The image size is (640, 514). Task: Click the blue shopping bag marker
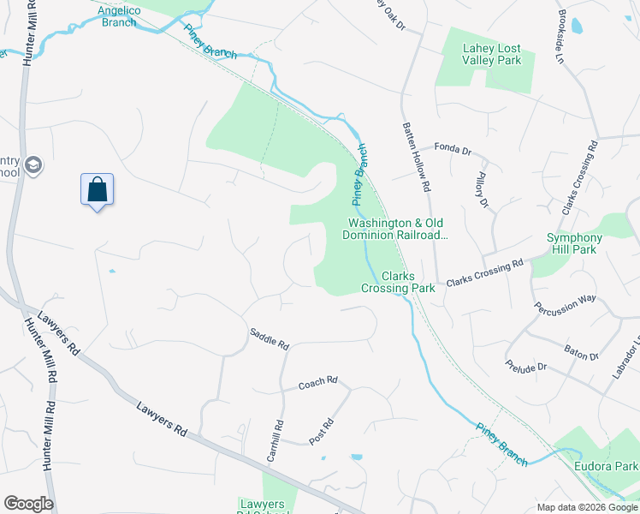tap(98, 189)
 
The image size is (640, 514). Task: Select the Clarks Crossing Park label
tap(398, 282)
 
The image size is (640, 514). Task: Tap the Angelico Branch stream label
tap(117, 15)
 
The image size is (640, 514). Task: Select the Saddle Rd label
tap(270, 338)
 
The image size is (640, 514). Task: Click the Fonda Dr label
tap(453, 149)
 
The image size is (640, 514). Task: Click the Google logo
tap(28, 504)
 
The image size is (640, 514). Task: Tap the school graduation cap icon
tap(33, 165)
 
